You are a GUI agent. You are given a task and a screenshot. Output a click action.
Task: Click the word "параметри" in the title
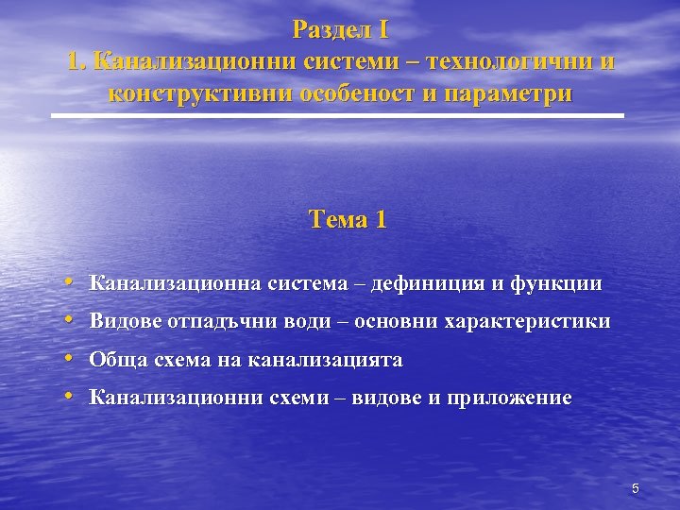point(504,95)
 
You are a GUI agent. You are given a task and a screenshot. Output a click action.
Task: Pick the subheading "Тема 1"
point(348,220)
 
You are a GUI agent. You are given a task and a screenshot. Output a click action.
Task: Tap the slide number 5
point(636,488)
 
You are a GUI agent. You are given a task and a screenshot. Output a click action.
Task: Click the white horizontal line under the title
point(337,115)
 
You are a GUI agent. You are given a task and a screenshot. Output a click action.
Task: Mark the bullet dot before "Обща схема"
point(72,359)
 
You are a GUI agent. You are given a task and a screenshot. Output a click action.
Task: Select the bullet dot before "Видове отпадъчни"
point(72,320)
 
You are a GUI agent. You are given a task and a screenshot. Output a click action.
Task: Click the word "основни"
point(389,321)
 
